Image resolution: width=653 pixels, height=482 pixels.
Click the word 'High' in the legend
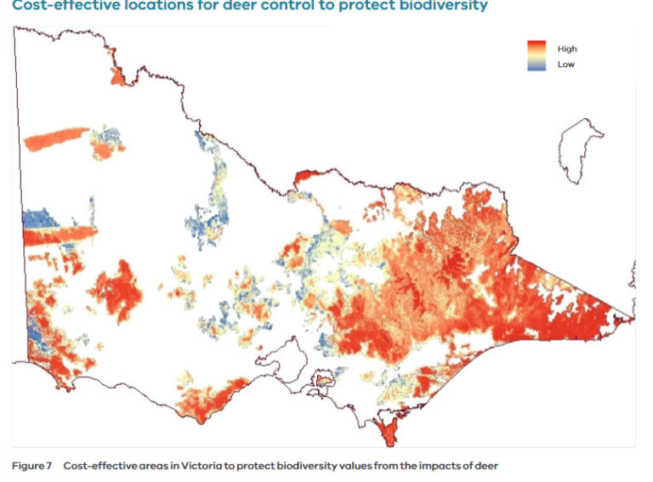(x=567, y=49)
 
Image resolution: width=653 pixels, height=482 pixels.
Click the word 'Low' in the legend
(x=565, y=65)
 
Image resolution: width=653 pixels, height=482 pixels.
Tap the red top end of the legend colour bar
(x=537, y=45)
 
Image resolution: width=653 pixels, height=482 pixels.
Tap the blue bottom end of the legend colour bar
(x=537, y=66)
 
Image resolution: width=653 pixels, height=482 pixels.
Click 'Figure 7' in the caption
(x=31, y=466)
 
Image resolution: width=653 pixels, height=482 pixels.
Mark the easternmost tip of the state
(x=632, y=319)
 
